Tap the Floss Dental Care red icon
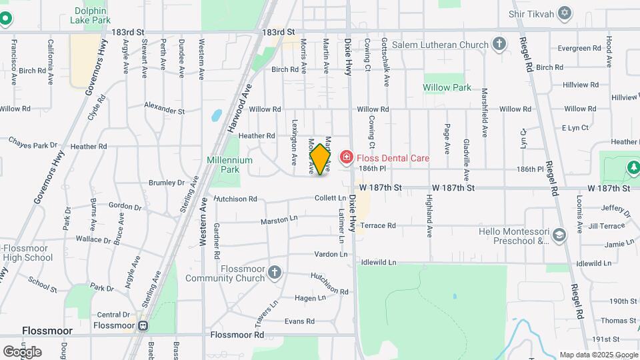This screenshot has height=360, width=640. pyautogui.click(x=347, y=158)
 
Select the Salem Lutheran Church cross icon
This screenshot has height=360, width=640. pyautogui.click(x=499, y=45)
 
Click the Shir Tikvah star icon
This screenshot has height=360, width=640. pyautogui.click(x=565, y=13)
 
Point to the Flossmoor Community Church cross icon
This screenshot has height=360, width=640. pyautogui.click(x=275, y=272)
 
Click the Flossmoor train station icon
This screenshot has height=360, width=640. pyautogui.click(x=142, y=326)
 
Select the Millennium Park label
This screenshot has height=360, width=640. pyautogui.click(x=230, y=165)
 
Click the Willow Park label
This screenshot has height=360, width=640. pyautogui.click(x=447, y=87)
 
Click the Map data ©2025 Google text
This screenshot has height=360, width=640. pyautogui.click(x=598, y=355)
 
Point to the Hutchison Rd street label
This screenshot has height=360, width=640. pyautogui.click(x=235, y=199)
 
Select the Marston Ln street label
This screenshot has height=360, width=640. pyautogui.click(x=277, y=220)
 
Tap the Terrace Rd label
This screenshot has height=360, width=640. pyautogui.click(x=378, y=225)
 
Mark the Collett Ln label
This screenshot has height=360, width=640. pyautogui.click(x=331, y=198)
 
